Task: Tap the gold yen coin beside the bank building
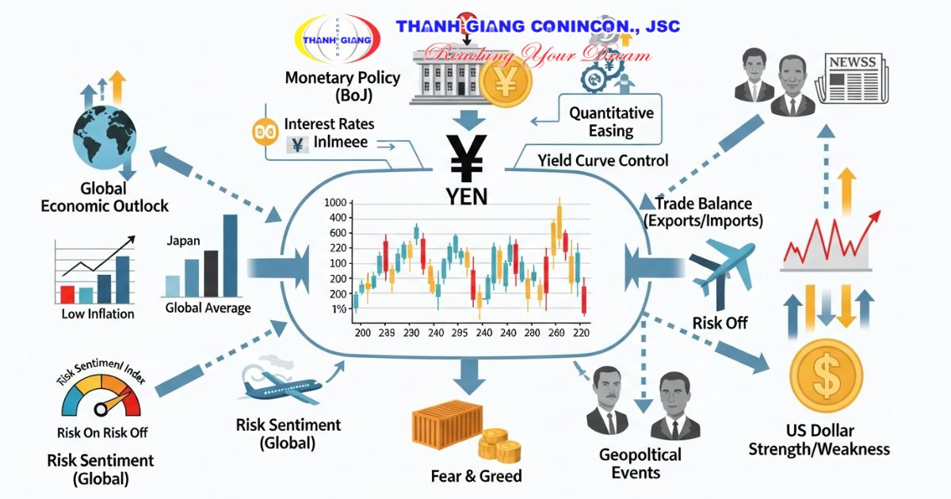tap(506, 82)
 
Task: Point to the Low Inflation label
tap(97, 314)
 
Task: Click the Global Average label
tap(208, 308)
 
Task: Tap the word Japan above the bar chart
tap(184, 241)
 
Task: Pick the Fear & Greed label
tap(476, 476)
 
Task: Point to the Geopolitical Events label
tap(640, 463)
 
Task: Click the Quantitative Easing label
tap(611, 121)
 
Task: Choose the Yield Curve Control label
tap(603, 161)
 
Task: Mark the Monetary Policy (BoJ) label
tap(342, 86)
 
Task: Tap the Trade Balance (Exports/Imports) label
tap(704, 211)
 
